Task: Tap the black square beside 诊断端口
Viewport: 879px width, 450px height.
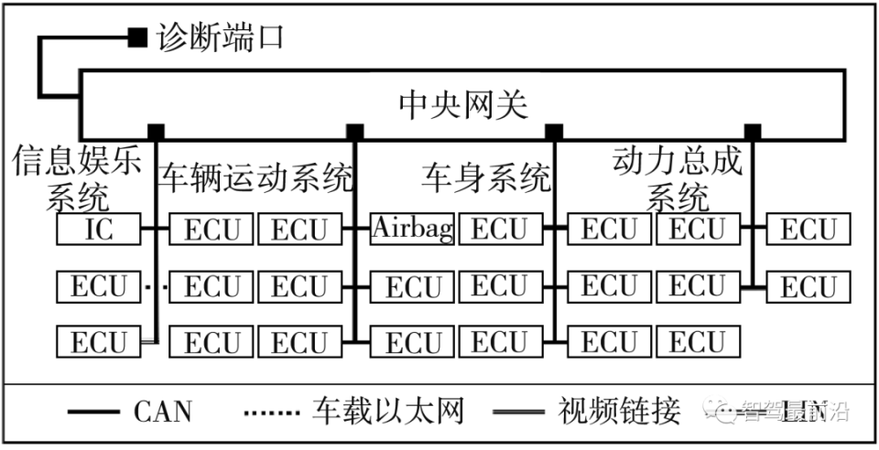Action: (136, 37)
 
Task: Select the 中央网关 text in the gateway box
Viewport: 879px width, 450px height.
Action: (463, 104)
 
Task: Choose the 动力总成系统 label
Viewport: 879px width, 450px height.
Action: (678, 178)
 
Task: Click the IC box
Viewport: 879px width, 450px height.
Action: (98, 229)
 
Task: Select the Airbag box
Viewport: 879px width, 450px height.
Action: (412, 229)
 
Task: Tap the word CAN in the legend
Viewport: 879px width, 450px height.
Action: (163, 412)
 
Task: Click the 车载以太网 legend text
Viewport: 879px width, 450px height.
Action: (388, 412)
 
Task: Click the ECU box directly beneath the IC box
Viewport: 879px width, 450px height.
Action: (98, 286)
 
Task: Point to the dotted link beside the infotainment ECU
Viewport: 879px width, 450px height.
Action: (157, 286)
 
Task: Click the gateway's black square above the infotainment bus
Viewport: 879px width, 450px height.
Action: (157, 130)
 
